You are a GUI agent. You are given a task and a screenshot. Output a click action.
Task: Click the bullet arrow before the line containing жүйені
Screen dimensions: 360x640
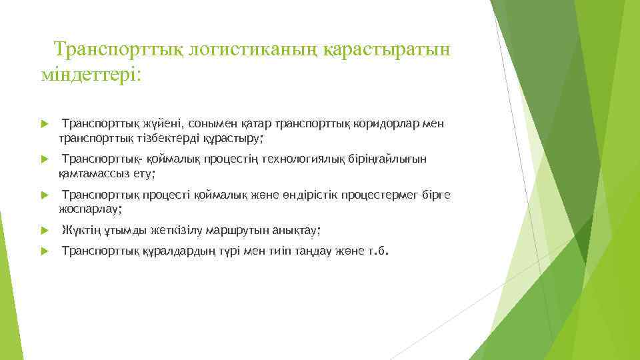(x=43, y=124)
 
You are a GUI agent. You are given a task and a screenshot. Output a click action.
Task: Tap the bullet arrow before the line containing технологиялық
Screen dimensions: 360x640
(x=43, y=159)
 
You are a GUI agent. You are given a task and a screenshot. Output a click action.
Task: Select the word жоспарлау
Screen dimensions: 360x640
(x=89, y=209)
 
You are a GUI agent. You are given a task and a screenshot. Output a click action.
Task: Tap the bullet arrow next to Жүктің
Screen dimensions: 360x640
(x=43, y=231)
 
